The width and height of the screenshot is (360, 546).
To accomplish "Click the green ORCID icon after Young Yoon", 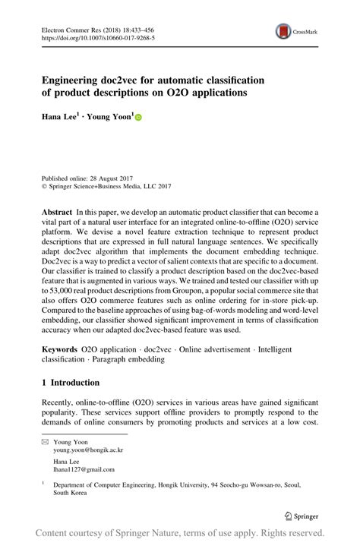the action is [x=138, y=118].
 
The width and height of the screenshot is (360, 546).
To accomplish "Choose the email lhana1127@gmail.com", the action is [x=83, y=470].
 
